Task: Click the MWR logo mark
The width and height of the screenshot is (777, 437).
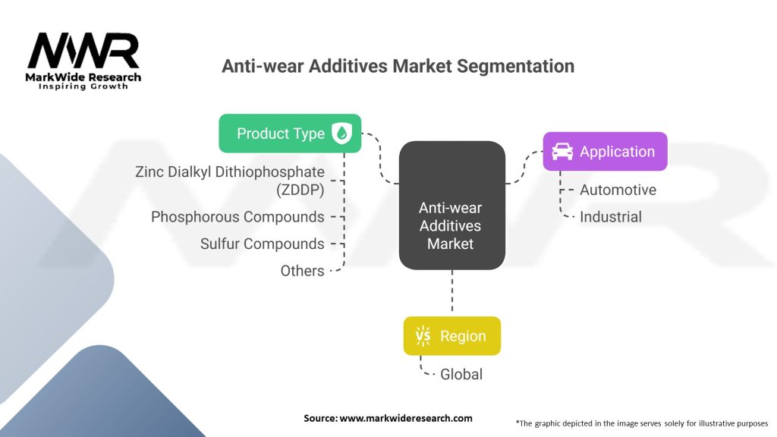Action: [83, 51]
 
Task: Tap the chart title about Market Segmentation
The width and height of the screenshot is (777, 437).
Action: [398, 66]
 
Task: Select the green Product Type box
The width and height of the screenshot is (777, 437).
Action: [290, 134]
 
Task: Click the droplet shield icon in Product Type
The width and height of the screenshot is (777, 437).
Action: [341, 134]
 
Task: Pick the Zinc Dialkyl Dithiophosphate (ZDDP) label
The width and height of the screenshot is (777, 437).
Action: [230, 181]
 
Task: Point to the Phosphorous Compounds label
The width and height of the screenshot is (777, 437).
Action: [238, 216]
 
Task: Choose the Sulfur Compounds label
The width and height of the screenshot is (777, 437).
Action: [262, 244]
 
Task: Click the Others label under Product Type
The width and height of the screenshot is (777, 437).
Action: [302, 271]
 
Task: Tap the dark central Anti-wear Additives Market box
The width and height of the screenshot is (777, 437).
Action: [452, 205]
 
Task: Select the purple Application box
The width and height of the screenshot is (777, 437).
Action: [605, 152]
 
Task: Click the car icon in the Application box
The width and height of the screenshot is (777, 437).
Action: [562, 152]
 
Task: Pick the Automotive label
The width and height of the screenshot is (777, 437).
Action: [618, 190]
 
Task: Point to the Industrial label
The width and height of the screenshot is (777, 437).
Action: [611, 216]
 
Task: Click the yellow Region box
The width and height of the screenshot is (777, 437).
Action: [452, 336]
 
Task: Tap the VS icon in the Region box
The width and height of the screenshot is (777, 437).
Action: [423, 336]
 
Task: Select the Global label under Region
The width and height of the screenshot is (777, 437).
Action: [461, 374]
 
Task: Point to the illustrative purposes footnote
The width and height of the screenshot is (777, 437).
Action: [642, 423]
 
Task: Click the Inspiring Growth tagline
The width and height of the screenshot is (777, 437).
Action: [83, 86]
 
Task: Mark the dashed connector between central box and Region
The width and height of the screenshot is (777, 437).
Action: [452, 291]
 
